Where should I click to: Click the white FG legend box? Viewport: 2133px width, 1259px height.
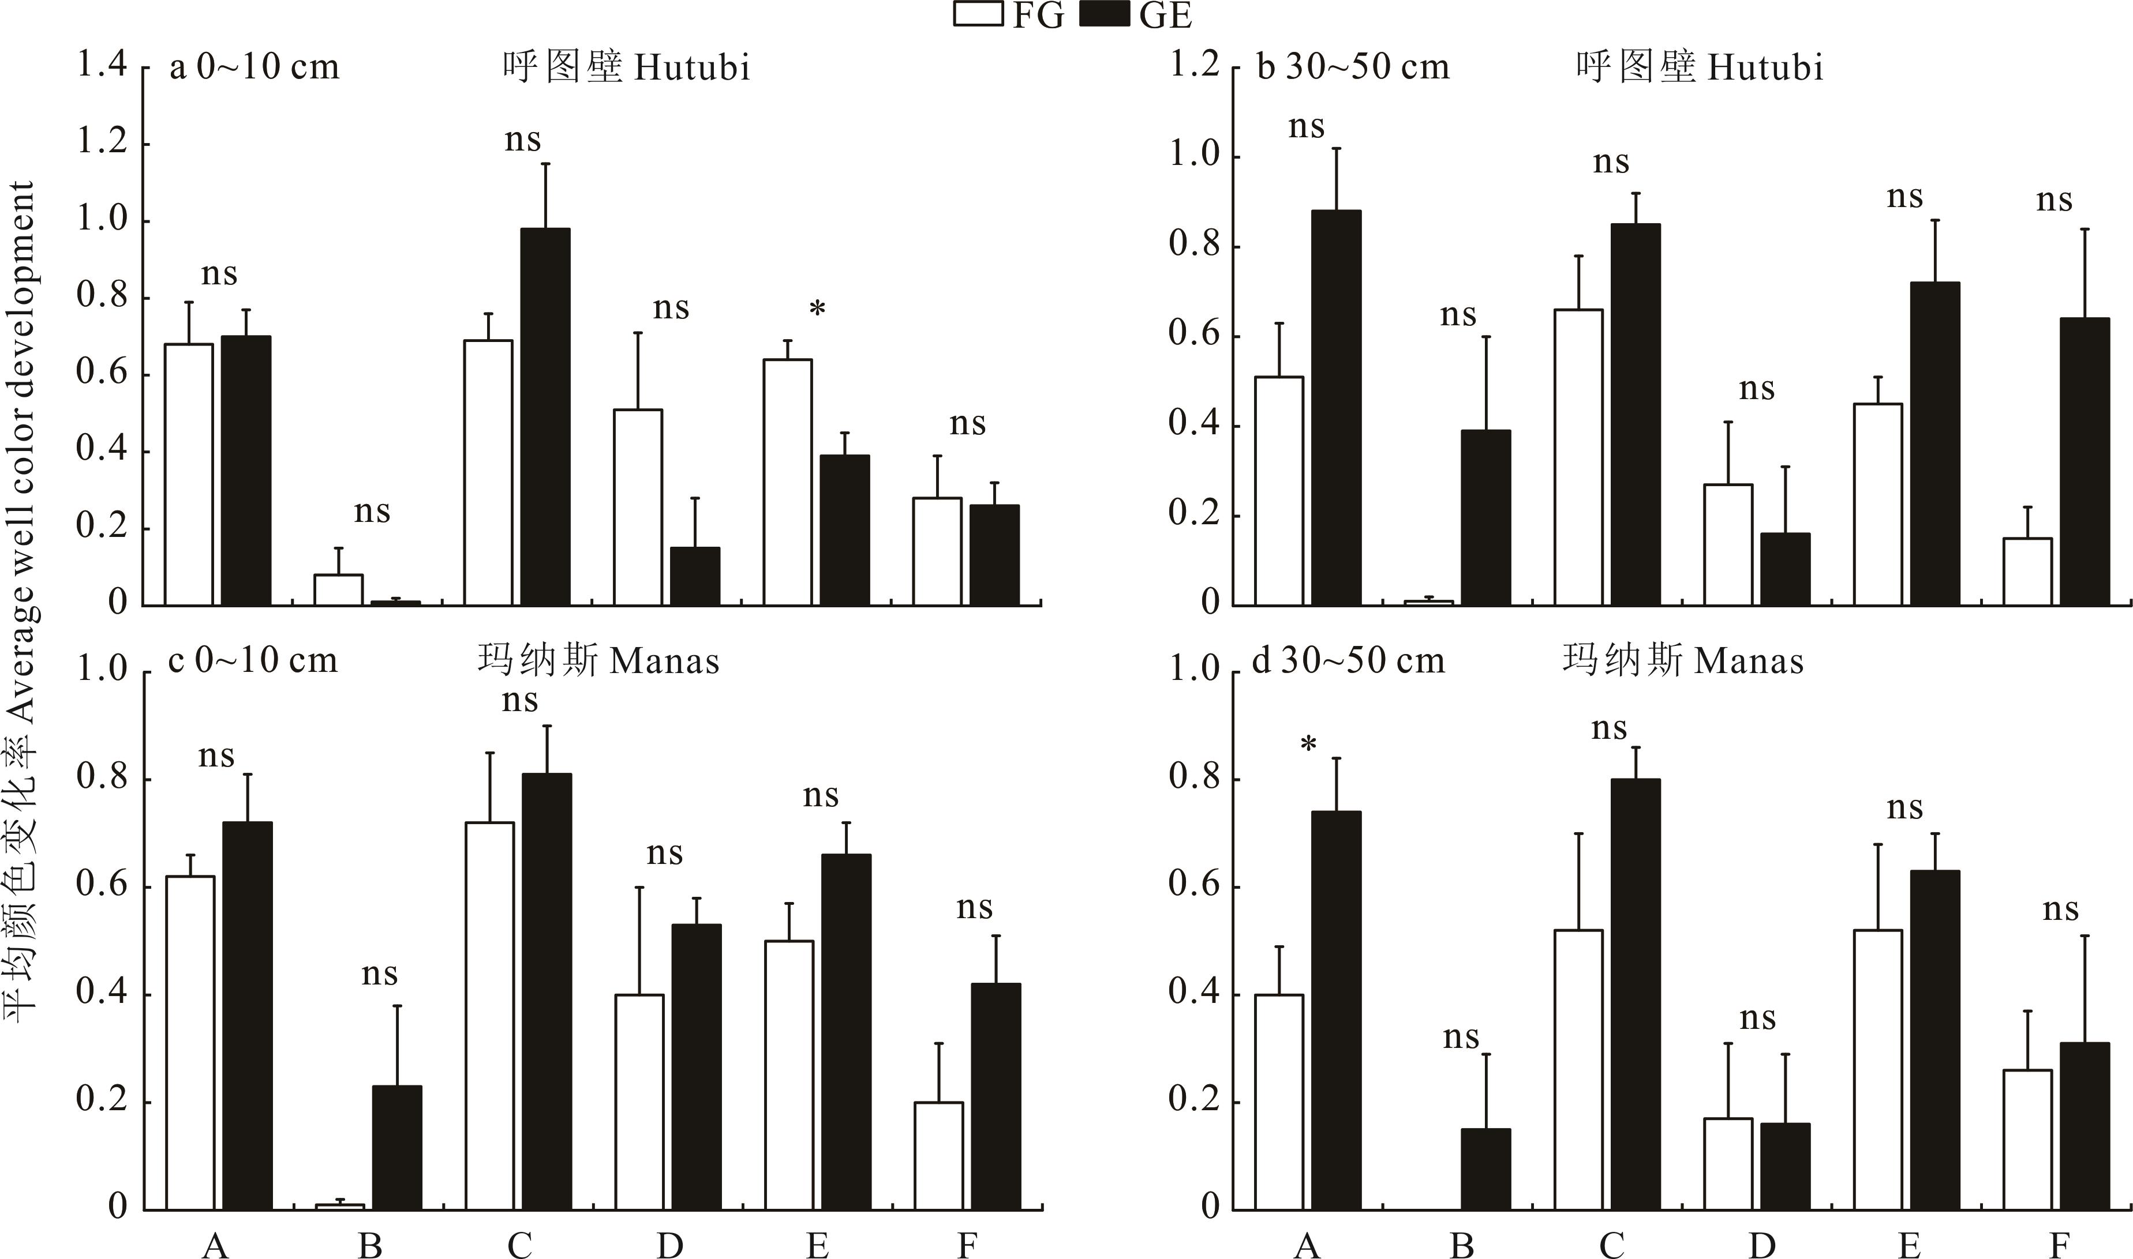tap(979, 14)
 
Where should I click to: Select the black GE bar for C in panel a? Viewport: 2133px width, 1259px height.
tap(545, 416)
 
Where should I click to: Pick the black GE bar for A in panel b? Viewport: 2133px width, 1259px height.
tap(1336, 407)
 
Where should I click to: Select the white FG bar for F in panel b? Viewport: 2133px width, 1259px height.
tap(2028, 571)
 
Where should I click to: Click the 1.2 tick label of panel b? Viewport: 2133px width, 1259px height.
tap(1194, 65)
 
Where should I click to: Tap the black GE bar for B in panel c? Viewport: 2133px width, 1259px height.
tap(396, 1147)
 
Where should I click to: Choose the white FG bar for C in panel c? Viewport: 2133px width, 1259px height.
tap(490, 1016)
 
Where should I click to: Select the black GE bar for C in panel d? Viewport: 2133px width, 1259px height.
tap(1635, 994)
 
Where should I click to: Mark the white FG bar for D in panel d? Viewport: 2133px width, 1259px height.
tap(1728, 1163)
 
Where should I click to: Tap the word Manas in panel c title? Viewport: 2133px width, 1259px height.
tap(665, 662)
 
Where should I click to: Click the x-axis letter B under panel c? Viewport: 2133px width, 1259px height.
tap(370, 1245)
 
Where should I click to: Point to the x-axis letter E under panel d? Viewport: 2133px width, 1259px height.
tap(1909, 1245)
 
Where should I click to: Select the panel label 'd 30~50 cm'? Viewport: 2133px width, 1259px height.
tap(1348, 662)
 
